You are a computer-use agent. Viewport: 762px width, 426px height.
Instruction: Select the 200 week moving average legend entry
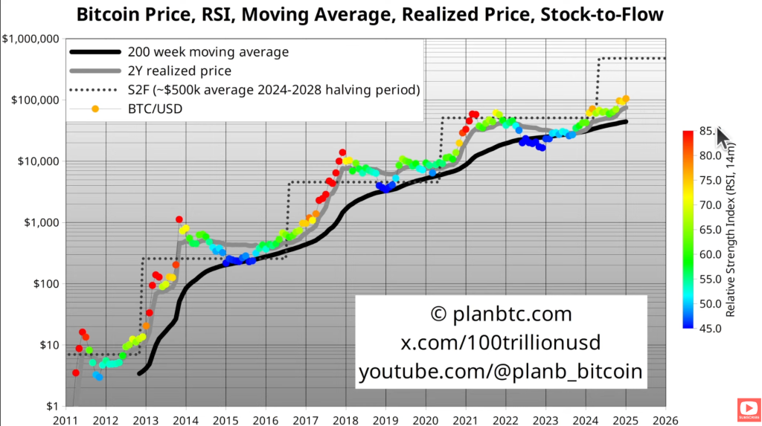pyautogui.click(x=208, y=52)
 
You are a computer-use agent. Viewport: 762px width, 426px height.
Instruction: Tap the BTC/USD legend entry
pyautogui.click(x=155, y=109)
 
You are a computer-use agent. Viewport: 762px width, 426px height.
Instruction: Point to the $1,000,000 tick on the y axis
pyautogui.click(x=32, y=39)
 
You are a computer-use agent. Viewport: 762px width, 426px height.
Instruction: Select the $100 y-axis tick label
pyautogui.click(x=44, y=284)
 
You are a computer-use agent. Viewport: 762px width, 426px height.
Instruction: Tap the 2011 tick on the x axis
pyautogui.click(x=65, y=419)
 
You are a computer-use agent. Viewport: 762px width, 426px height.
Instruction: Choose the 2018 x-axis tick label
pyautogui.click(x=345, y=419)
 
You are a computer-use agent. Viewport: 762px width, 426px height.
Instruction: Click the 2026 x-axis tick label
pyautogui.click(x=665, y=419)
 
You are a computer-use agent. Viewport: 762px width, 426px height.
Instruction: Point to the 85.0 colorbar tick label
pyautogui.click(x=706, y=132)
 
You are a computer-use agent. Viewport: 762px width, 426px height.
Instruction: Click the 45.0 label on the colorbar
pyautogui.click(x=706, y=328)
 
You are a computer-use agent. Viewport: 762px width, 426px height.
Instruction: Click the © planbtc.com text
pyautogui.click(x=501, y=314)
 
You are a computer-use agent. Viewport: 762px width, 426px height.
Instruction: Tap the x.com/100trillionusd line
pyautogui.click(x=501, y=343)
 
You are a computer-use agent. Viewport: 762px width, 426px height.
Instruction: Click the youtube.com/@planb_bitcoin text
pyautogui.click(x=501, y=372)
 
